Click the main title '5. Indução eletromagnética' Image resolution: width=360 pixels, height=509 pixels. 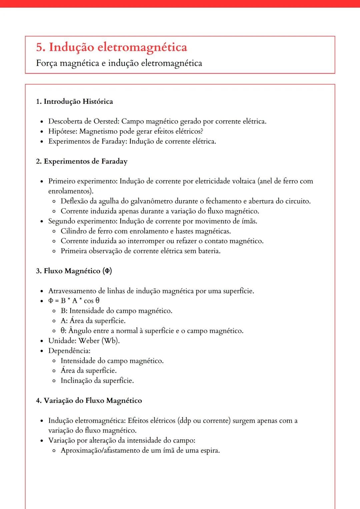click(111, 47)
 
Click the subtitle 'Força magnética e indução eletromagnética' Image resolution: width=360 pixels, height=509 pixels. click(119, 63)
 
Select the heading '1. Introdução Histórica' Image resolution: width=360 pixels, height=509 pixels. click(74, 102)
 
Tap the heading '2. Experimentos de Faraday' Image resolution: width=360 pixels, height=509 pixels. click(82, 162)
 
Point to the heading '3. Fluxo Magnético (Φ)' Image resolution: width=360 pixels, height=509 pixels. click(74, 271)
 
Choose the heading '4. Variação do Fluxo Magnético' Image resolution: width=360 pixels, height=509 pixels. click(89, 401)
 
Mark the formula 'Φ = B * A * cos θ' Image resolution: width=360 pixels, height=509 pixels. click(74, 301)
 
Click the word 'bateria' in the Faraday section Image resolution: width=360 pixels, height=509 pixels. click(209, 251)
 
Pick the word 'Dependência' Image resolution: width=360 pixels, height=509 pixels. click(69, 351)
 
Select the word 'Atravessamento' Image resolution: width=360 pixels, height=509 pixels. click(72, 291)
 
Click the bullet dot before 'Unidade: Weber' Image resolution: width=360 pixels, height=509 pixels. click(42, 341)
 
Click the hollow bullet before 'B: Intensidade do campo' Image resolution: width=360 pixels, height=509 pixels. click(54, 311)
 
